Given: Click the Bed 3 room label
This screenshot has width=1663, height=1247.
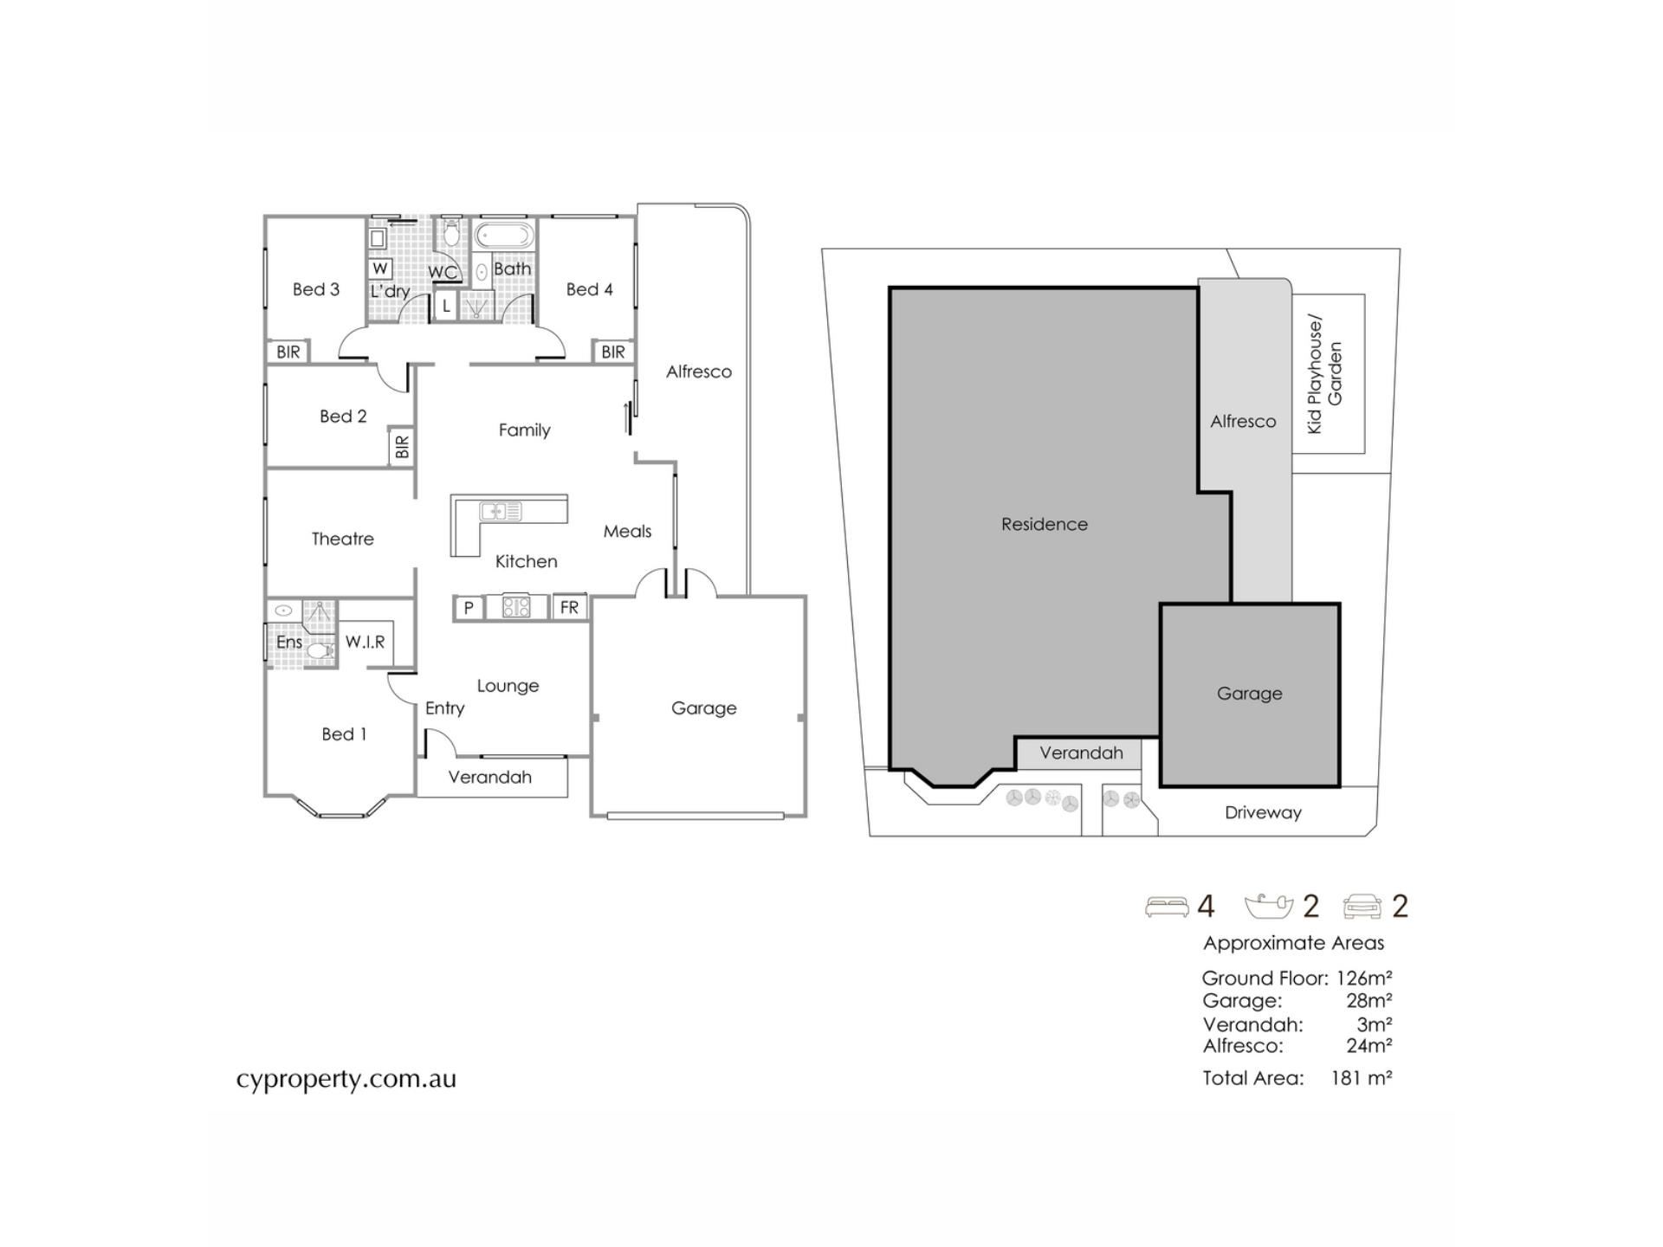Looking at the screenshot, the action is click(316, 289).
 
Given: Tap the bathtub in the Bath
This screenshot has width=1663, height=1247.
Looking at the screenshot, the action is click(505, 236).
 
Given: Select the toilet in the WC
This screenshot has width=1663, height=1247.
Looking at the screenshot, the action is click(450, 233).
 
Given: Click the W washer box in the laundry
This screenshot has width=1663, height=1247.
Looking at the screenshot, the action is click(380, 268).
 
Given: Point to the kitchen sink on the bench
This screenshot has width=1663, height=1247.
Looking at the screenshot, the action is click(501, 511).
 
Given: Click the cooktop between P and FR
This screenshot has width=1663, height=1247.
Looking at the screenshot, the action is click(516, 607).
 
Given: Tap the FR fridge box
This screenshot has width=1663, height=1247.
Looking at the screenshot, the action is click(569, 607).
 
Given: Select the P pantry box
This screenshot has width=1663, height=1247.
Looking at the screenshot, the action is click(469, 607).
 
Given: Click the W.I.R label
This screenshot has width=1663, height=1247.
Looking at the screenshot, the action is click(365, 642).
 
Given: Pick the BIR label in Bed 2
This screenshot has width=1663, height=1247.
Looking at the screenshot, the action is click(402, 447).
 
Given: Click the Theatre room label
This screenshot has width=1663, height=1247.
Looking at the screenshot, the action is click(343, 539).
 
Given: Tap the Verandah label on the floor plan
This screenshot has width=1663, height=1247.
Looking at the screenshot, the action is click(490, 777).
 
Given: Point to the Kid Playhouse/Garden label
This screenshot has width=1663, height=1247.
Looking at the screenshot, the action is click(1324, 374).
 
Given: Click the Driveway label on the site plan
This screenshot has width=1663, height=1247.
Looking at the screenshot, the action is click(1263, 812).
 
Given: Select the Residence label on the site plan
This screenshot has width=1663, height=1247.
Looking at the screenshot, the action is click(1045, 524).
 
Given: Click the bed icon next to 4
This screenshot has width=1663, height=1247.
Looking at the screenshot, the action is click(1167, 907).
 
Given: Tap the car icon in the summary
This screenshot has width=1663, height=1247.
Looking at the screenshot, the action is click(1362, 907).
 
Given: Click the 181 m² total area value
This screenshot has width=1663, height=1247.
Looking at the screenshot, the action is click(1362, 1078).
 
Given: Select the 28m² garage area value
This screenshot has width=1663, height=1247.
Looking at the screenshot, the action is click(1369, 1001).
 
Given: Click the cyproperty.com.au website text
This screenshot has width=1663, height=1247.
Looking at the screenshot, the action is click(346, 1080).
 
